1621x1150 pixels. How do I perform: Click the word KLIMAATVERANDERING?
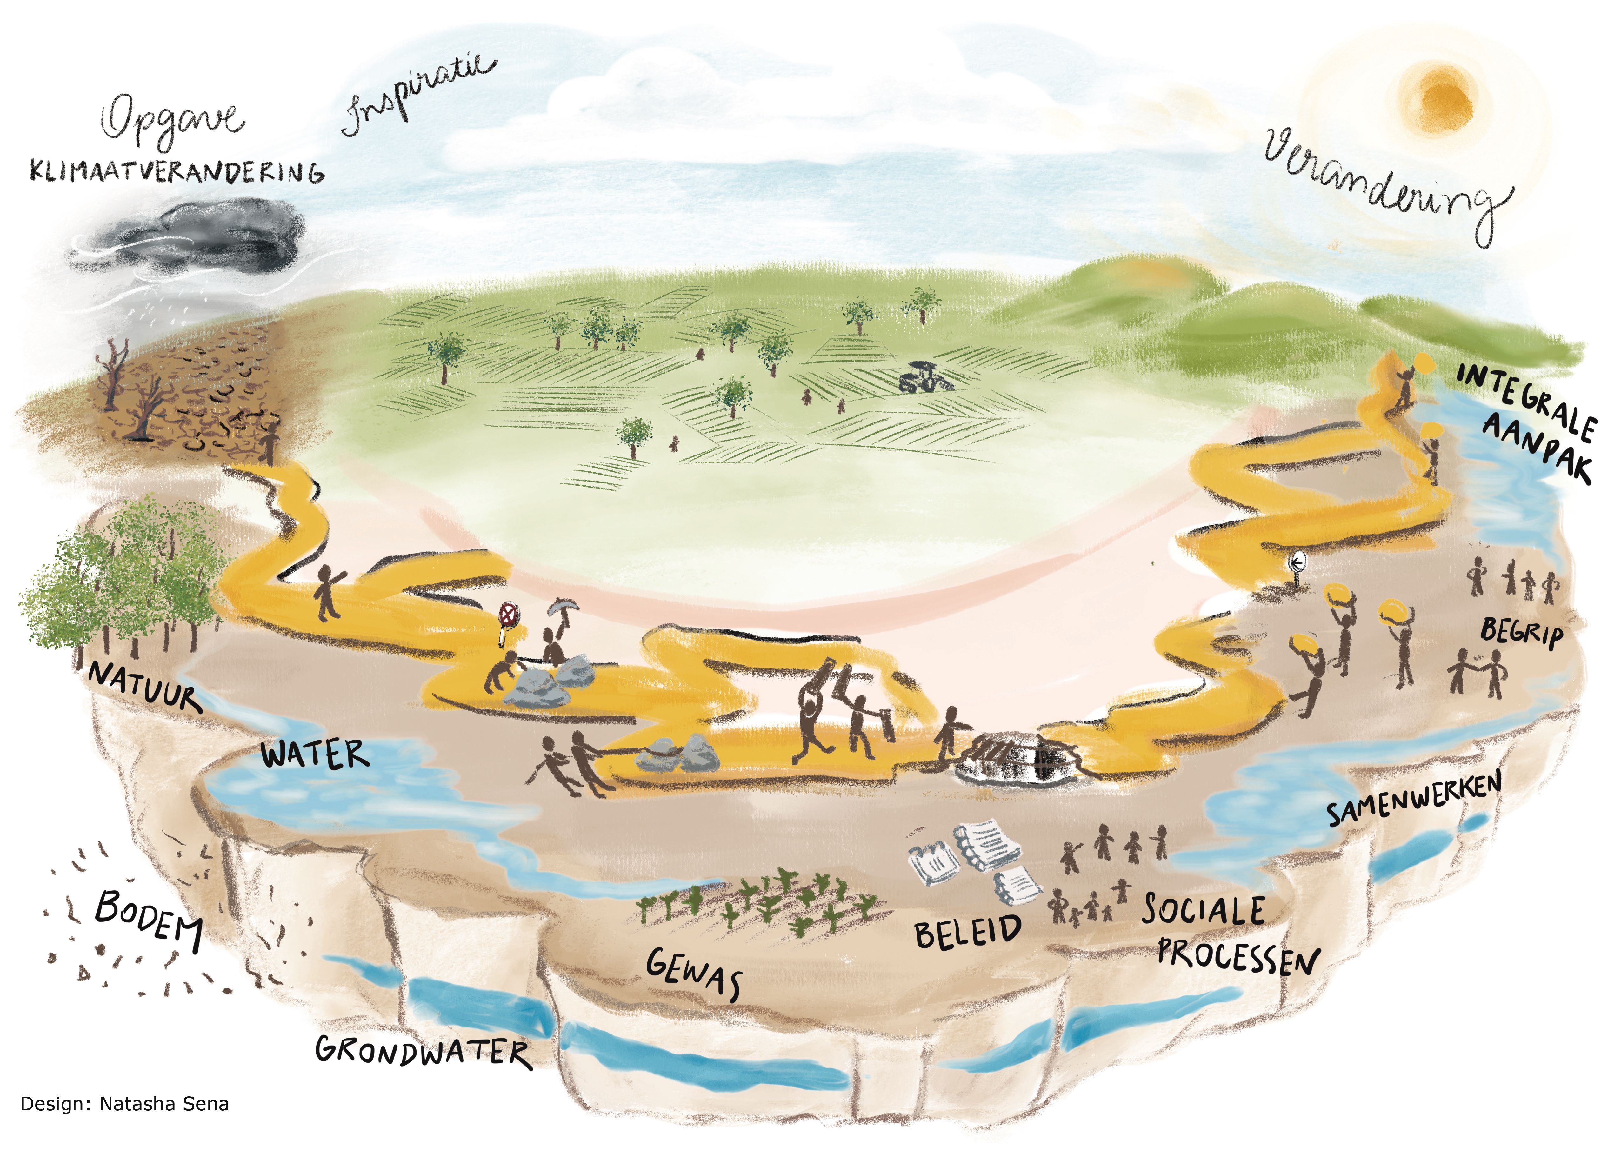click(x=177, y=172)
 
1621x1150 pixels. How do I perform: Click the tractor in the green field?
click(x=925, y=377)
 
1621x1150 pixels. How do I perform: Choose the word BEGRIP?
click(x=1521, y=632)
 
